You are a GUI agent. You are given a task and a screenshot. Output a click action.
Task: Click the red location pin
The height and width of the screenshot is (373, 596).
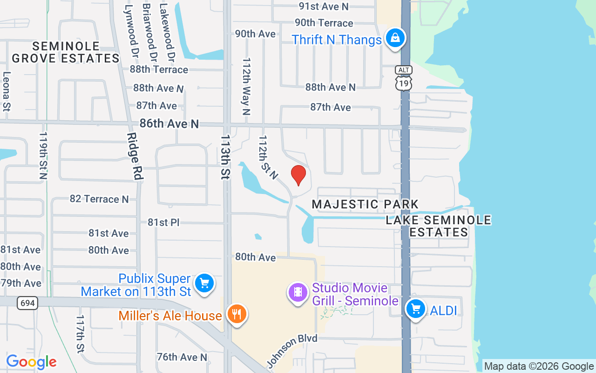[x=298, y=175]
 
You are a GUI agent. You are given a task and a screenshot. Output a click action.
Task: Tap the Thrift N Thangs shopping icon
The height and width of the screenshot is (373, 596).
[x=395, y=38]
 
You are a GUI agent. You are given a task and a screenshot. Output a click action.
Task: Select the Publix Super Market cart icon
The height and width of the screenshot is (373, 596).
[x=204, y=283]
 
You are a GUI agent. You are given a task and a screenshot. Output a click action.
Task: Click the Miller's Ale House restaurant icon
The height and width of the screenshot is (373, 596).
[x=237, y=314]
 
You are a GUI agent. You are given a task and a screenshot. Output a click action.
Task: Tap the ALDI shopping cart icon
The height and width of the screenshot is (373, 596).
[x=415, y=309]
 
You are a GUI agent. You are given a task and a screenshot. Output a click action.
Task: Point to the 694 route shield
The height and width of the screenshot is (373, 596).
[x=28, y=303]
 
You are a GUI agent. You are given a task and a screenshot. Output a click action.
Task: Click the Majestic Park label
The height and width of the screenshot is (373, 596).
[x=365, y=204]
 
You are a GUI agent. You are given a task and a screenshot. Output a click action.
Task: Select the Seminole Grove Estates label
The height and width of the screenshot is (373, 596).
[x=66, y=52]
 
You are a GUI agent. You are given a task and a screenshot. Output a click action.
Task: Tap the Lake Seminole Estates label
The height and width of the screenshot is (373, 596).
[x=439, y=226]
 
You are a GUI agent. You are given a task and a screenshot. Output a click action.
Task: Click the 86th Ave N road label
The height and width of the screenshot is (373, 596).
[x=169, y=124]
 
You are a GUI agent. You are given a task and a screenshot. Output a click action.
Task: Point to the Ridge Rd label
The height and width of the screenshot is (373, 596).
[x=134, y=156]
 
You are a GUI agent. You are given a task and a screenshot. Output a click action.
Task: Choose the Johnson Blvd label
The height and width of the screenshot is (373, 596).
[x=292, y=350]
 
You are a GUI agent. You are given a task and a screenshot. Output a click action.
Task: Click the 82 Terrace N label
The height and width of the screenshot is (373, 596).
[x=99, y=199]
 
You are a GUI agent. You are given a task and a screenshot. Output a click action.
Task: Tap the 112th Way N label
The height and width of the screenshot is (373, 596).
[x=246, y=87]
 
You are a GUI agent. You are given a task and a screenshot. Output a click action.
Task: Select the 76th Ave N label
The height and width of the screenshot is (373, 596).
[x=182, y=357]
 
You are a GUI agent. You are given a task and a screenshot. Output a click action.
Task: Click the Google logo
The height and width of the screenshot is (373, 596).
[x=31, y=362]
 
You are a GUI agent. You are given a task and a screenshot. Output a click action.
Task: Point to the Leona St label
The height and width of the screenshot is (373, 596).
[x=7, y=91]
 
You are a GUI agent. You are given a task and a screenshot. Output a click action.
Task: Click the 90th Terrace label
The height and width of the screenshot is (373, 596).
[x=324, y=23]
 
